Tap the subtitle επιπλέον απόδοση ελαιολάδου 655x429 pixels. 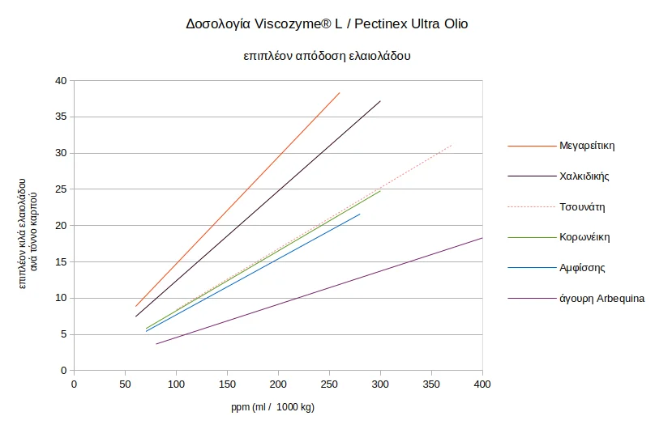point(327,56)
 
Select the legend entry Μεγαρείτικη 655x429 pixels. point(587,146)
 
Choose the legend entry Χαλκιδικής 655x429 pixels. point(584,176)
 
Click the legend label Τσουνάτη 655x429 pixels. point(582,206)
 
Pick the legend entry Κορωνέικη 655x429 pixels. point(584,237)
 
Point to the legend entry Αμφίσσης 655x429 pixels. point(582,268)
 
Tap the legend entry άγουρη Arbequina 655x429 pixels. point(602,299)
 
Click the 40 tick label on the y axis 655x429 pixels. point(61,80)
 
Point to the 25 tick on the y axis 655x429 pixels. point(61,189)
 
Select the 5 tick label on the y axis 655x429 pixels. point(64,334)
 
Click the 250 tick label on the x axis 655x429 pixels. point(329,384)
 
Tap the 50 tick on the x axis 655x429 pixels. point(125,384)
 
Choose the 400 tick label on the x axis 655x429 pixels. point(482,384)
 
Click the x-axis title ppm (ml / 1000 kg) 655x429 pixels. point(272,407)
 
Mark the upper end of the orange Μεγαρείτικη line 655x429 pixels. point(340,92)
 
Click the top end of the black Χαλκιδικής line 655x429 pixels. point(380,101)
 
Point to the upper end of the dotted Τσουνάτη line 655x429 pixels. point(452,145)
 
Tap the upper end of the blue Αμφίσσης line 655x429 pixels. point(360,214)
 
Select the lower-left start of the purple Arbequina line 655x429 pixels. point(156,344)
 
